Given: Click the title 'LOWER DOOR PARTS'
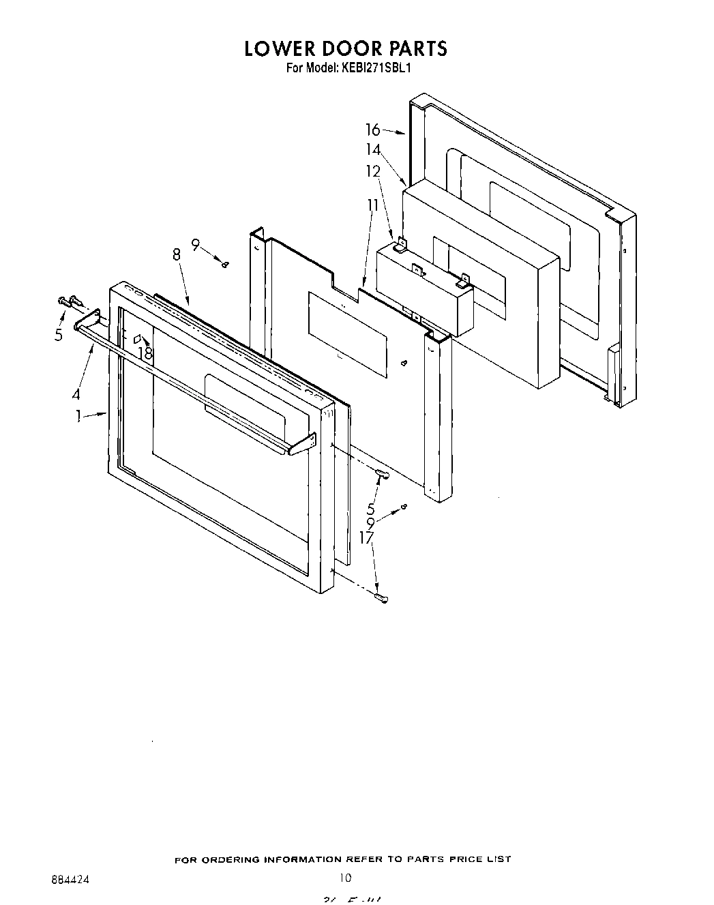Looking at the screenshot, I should coord(346,48).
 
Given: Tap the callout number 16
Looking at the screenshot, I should coord(372,130).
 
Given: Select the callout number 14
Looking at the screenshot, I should coord(373,150).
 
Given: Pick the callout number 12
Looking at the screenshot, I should coord(373,171).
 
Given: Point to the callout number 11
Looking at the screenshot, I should coord(372,205).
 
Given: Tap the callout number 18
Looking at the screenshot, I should coord(145,353).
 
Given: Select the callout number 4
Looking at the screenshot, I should coord(76,394).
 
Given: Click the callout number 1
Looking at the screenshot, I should coord(79,415).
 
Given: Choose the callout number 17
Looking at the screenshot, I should coord(367,537).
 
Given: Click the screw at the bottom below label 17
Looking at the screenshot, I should coord(383,598).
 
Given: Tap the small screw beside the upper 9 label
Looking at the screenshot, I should coord(224,265).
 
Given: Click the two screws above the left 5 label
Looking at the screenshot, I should coord(70,299).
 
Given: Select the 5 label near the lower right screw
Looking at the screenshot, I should coord(370,508).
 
